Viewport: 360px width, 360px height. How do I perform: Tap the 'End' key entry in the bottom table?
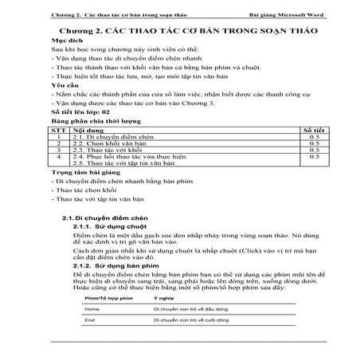[x=89, y=320]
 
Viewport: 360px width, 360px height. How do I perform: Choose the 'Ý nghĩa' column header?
[x=163, y=295]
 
